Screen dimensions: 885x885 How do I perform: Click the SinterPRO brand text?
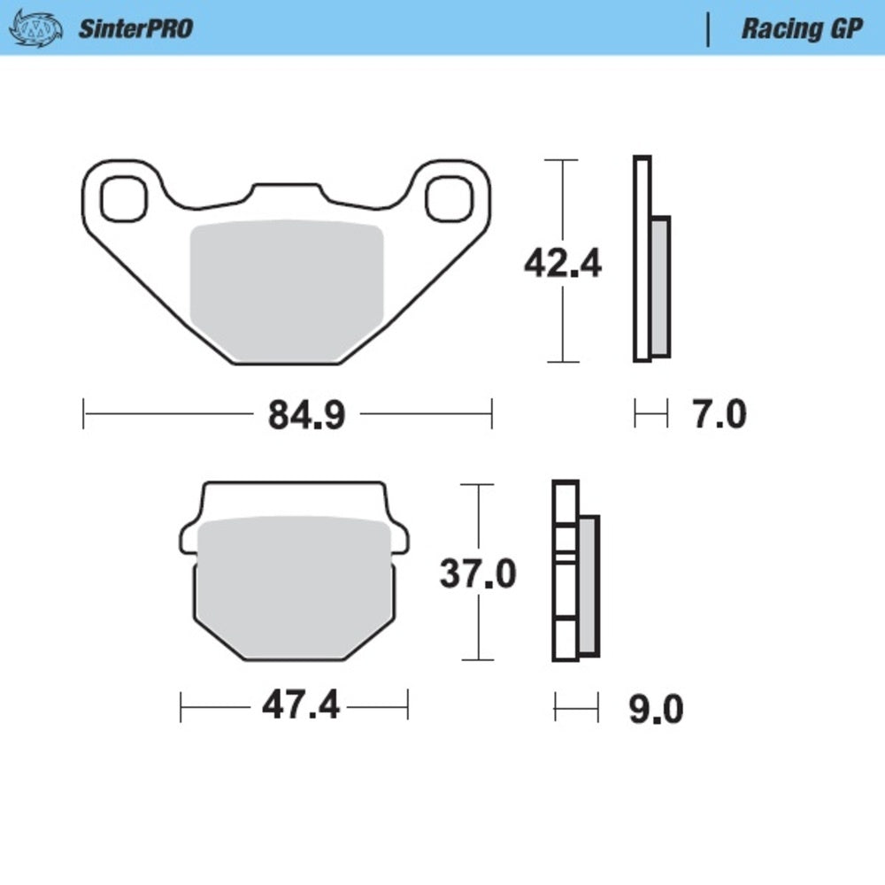[135, 28]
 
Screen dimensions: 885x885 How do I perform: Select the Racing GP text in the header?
[801, 28]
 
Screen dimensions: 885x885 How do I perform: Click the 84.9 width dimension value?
[306, 414]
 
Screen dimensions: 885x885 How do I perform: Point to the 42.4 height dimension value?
[562, 263]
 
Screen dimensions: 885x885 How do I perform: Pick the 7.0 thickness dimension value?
[719, 414]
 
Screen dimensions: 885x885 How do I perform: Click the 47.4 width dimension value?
[300, 706]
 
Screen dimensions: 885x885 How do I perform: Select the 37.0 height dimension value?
[478, 574]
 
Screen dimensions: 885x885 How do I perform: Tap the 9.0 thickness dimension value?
[656, 709]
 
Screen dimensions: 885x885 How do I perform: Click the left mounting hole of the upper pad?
[122, 198]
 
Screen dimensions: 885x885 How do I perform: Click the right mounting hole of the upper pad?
[447, 198]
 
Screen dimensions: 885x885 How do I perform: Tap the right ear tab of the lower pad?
[400, 537]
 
